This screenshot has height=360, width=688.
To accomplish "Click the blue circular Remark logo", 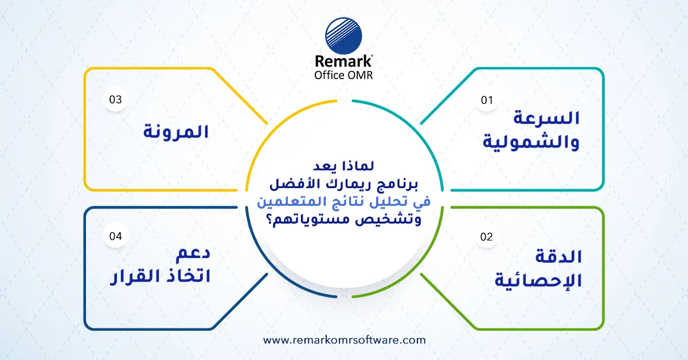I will (x=344, y=36).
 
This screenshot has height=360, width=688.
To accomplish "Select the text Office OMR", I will (x=344, y=75).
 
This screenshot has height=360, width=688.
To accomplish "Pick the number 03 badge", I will (x=116, y=99).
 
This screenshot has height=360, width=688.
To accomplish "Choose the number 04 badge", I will (x=116, y=236).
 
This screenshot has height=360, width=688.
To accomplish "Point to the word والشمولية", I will (x=531, y=141).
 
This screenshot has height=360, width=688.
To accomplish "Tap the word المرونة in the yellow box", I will (x=175, y=132).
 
